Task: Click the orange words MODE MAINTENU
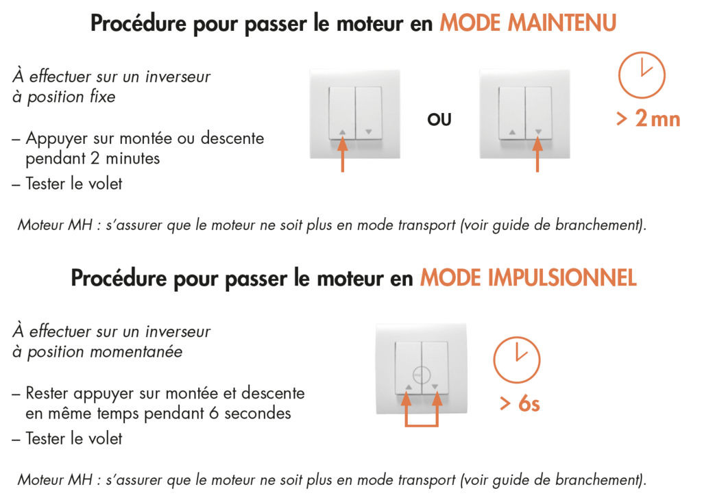[x=527, y=23]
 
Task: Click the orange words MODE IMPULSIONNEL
[x=528, y=278]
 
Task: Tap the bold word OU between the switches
[x=439, y=120]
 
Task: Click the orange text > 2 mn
[x=647, y=119]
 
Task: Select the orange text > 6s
[x=519, y=404]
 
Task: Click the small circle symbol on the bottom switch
[x=422, y=375]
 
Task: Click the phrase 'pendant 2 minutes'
[x=93, y=159]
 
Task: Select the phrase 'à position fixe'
[x=64, y=97]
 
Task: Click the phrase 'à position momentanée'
[x=97, y=352]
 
